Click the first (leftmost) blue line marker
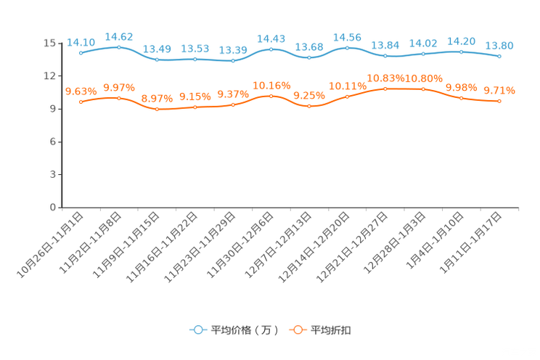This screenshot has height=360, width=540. [81, 52]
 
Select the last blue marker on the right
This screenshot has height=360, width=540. [499, 56]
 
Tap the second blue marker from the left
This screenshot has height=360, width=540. [119, 47]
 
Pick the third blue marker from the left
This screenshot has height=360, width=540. [157, 60]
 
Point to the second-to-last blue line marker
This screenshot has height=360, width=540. [461, 52]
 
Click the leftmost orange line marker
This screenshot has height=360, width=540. [81, 102]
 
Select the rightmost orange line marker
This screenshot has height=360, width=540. [499, 101]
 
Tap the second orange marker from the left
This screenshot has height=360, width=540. [119, 97]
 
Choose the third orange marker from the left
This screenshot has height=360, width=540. [157, 110]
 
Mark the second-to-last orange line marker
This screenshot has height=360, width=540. [461, 98]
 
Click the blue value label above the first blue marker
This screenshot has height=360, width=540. [81, 41]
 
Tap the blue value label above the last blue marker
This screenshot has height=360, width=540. [499, 45]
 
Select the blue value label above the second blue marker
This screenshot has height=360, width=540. [119, 36]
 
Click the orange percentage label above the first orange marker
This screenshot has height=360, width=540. [81, 91]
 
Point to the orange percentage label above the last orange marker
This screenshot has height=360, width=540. [499, 90]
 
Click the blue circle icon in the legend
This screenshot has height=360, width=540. [197, 330]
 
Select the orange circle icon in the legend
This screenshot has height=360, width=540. [297, 330]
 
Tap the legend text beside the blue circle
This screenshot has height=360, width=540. [244, 330]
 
